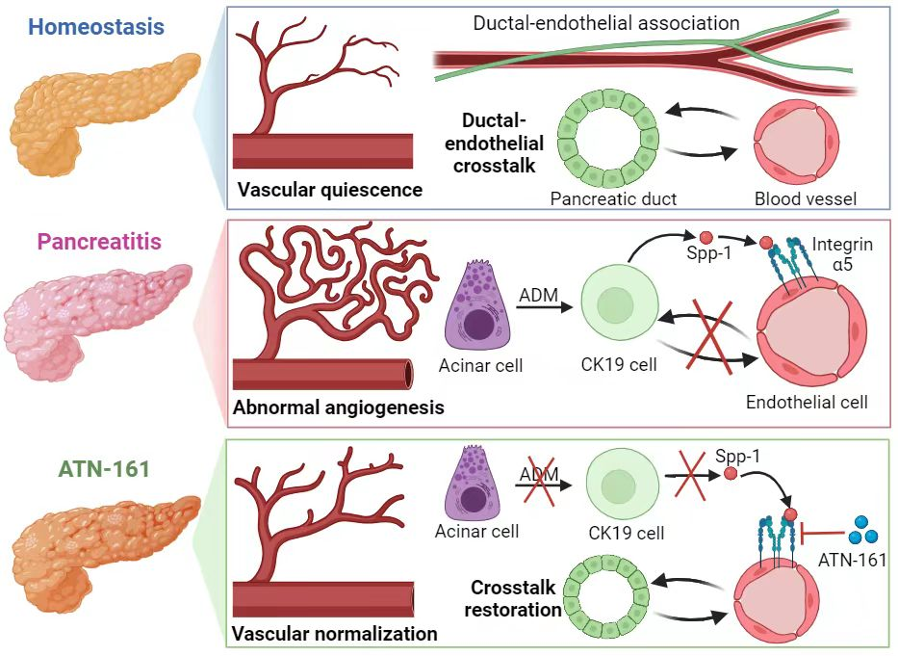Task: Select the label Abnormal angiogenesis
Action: click(x=339, y=407)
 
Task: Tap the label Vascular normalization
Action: click(x=335, y=634)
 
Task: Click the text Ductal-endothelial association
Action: click(x=605, y=22)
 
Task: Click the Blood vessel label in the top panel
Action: click(x=807, y=199)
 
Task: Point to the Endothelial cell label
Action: click(x=807, y=402)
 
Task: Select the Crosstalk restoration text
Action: click(x=516, y=597)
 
